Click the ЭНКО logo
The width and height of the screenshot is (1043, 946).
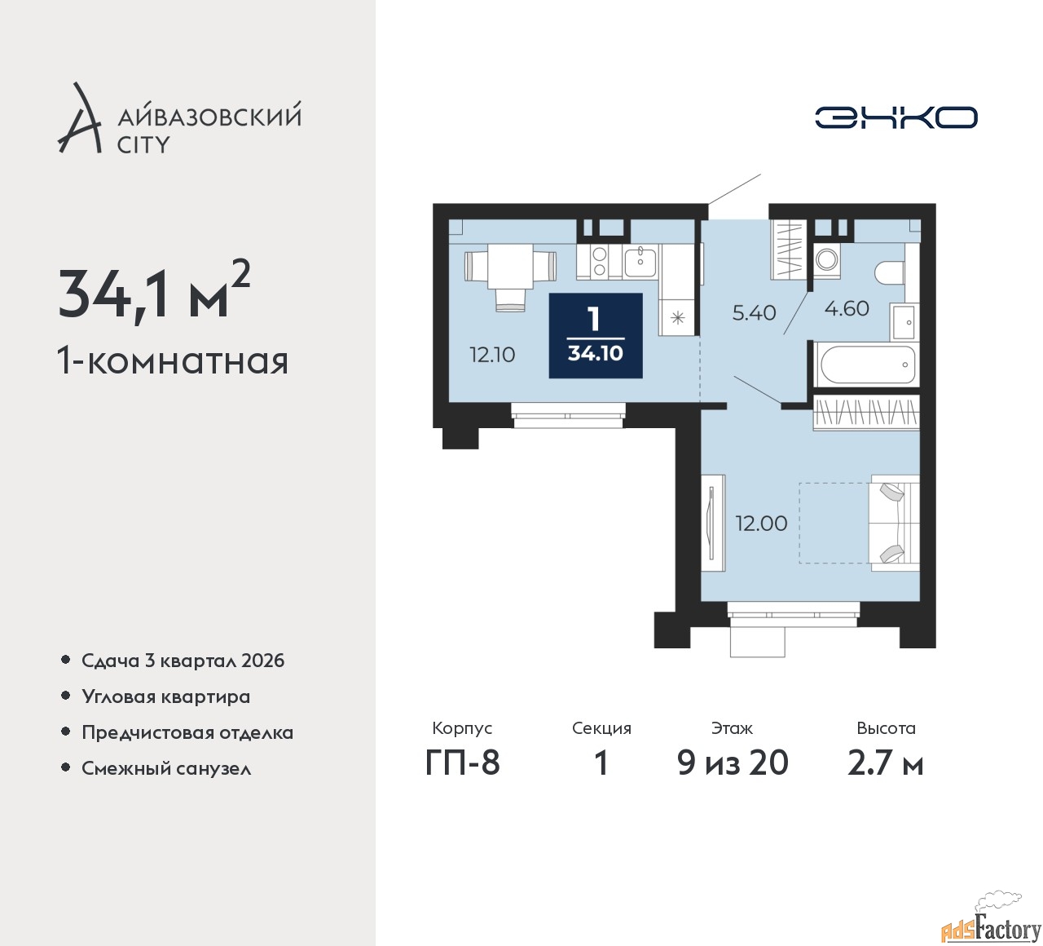tap(896, 117)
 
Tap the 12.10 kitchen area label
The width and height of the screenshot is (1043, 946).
tap(492, 355)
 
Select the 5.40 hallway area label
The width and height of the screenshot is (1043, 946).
tap(754, 312)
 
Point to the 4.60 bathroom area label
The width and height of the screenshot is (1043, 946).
tap(847, 308)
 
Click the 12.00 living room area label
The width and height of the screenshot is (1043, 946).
tap(761, 524)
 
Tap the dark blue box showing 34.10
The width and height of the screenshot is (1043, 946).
tap(596, 336)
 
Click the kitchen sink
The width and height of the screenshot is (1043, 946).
tap(640, 262)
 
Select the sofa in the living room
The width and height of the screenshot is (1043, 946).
tap(896, 523)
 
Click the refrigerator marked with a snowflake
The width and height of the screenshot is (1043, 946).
tap(678, 317)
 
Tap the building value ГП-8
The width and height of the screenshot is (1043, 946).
tap(462, 764)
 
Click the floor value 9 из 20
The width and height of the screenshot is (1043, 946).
tap(733, 763)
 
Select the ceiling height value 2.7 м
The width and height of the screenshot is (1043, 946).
tap(885, 764)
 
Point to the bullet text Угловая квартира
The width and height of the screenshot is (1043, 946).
tap(166, 697)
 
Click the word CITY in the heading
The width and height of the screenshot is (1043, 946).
tap(143, 145)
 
